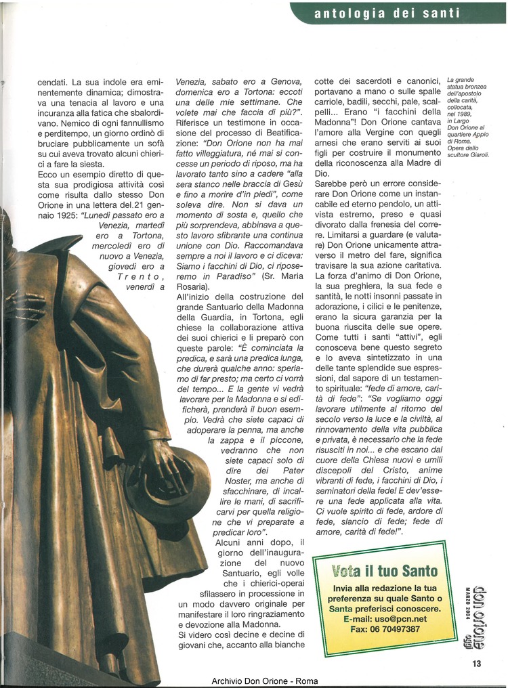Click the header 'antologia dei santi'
pyautogui.click(x=387, y=13)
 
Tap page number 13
pyautogui.click(x=477, y=664)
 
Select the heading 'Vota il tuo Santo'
pyautogui.click(x=385, y=572)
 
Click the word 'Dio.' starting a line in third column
pyautogui.click(x=322, y=173)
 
